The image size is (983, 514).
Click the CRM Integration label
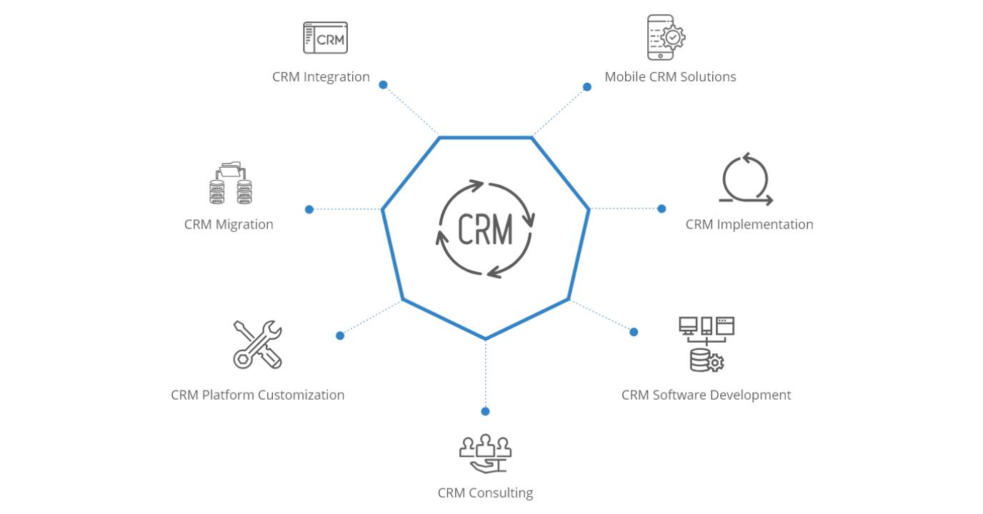[x=321, y=76]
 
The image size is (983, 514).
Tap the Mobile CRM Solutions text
[x=670, y=76]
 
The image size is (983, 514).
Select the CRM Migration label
[x=229, y=224]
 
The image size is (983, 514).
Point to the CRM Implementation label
[x=749, y=224]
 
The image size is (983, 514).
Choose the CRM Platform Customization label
[x=257, y=395]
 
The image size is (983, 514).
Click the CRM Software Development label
[x=706, y=395]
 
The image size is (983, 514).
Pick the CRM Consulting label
[x=485, y=493]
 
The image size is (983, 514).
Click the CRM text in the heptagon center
[x=485, y=230]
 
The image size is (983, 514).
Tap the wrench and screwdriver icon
[x=258, y=344]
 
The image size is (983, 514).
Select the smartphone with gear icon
[x=665, y=37]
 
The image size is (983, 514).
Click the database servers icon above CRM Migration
[x=230, y=183]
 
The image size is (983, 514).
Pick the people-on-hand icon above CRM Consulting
[x=485, y=453]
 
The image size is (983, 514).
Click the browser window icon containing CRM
[x=325, y=38]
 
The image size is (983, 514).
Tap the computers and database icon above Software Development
[x=707, y=344]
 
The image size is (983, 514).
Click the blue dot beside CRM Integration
[x=383, y=85]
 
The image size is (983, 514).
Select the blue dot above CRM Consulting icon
[x=485, y=411]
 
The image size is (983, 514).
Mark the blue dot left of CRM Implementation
[x=662, y=209]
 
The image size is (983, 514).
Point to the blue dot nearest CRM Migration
[x=309, y=209]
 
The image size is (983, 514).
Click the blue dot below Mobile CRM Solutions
[x=587, y=87]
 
